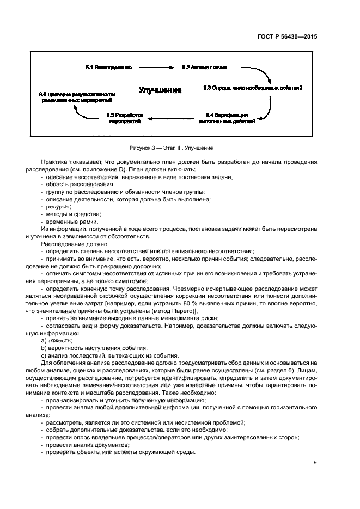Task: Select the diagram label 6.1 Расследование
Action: pyautogui.click(x=109, y=68)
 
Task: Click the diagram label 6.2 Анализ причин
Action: pyautogui.click(x=204, y=68)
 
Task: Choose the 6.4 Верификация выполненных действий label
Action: pyautogui.click(x=230, y=118)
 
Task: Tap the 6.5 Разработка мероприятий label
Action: pyautogui.click(x=125, y=118)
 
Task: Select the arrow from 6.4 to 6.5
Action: pyautogui.click(x=173, y=117)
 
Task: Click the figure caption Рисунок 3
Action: pyautogui.click(x=171, y=148)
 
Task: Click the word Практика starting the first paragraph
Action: pyautogui.click(x=56, y=162)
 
